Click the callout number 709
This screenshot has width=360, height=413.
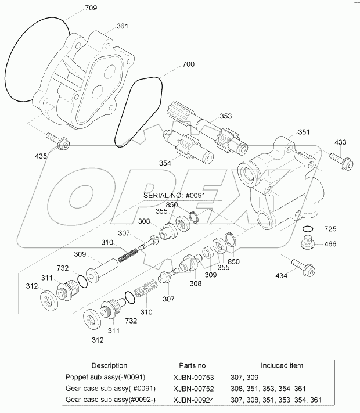click(91, 8)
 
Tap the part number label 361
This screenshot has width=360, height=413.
click(123, 26)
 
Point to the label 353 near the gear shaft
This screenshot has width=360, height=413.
click(226, 116)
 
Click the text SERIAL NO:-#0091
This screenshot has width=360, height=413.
click(175, 196)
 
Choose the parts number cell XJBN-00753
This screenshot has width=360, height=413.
click(190, 376)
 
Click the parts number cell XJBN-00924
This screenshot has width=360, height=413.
click(190, 400)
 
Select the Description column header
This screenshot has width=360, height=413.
click(109, 365)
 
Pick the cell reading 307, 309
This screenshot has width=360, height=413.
click(244, 376)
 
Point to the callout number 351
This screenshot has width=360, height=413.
click(304, 132)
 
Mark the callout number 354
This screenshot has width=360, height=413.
click(166, 163)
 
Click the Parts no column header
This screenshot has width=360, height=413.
click(190, 365)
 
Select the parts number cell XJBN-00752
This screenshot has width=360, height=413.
click(190, 388)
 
